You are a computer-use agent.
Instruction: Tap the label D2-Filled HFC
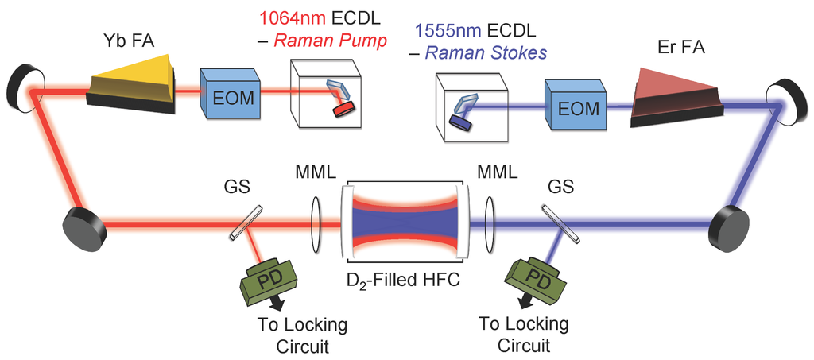404,279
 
